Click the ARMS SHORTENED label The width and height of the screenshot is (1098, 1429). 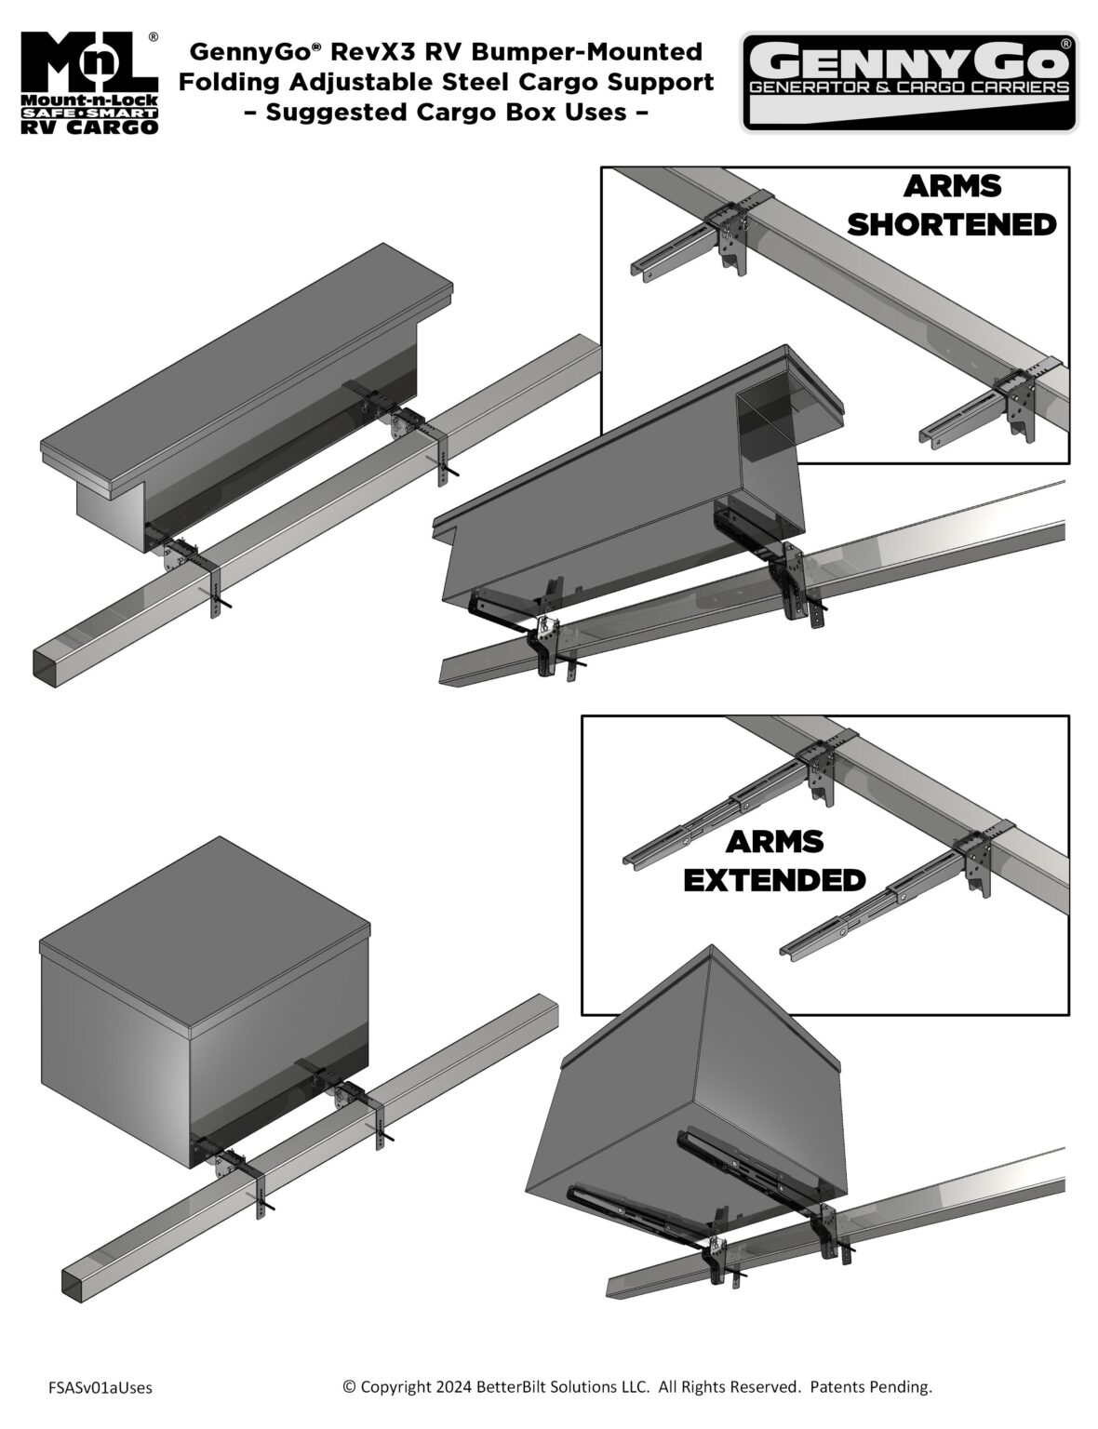pos(952,205)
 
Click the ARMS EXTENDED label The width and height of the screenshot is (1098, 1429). pos(774,860)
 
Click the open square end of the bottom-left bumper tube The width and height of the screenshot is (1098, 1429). pos(80,1283)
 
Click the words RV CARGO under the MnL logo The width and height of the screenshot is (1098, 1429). pos(88,127)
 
